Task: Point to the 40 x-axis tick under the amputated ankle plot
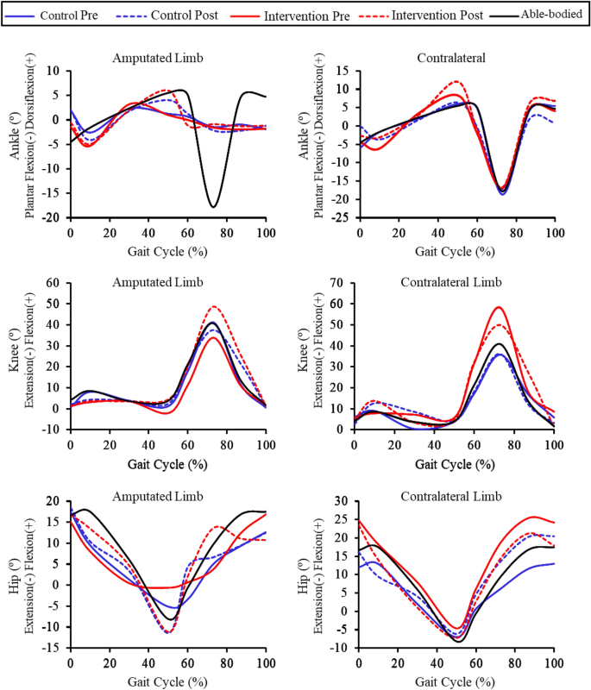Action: pos(148,232)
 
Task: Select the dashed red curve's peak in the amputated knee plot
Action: pos(213,306)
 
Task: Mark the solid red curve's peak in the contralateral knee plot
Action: pos(498,307)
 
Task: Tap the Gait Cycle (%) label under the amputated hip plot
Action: pos(168,681)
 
